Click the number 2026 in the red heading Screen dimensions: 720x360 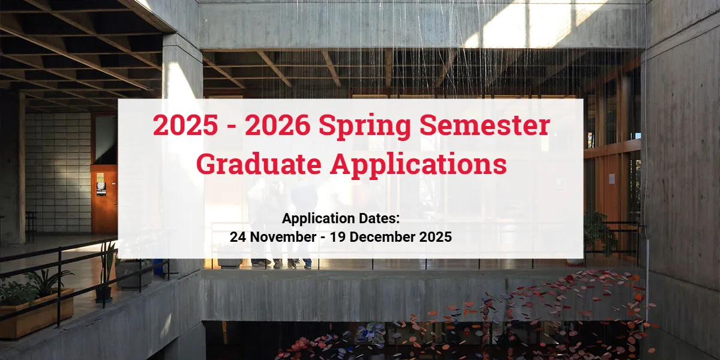click(277, 125)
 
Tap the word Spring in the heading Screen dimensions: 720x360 click(365, 127)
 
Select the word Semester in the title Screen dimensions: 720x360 click(484, 125)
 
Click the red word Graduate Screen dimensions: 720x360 click(259, 164)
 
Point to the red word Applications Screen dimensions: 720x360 click(418, 166)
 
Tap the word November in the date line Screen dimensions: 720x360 click(283, 237)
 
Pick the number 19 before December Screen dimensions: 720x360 click(338, 237)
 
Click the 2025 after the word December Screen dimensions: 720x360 click(436, 237)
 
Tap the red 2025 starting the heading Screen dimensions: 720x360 click(185, 125)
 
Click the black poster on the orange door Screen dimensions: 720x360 click(101, 188)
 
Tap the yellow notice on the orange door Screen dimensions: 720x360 click(101, 178)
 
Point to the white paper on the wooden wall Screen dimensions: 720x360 click(612, 178)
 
